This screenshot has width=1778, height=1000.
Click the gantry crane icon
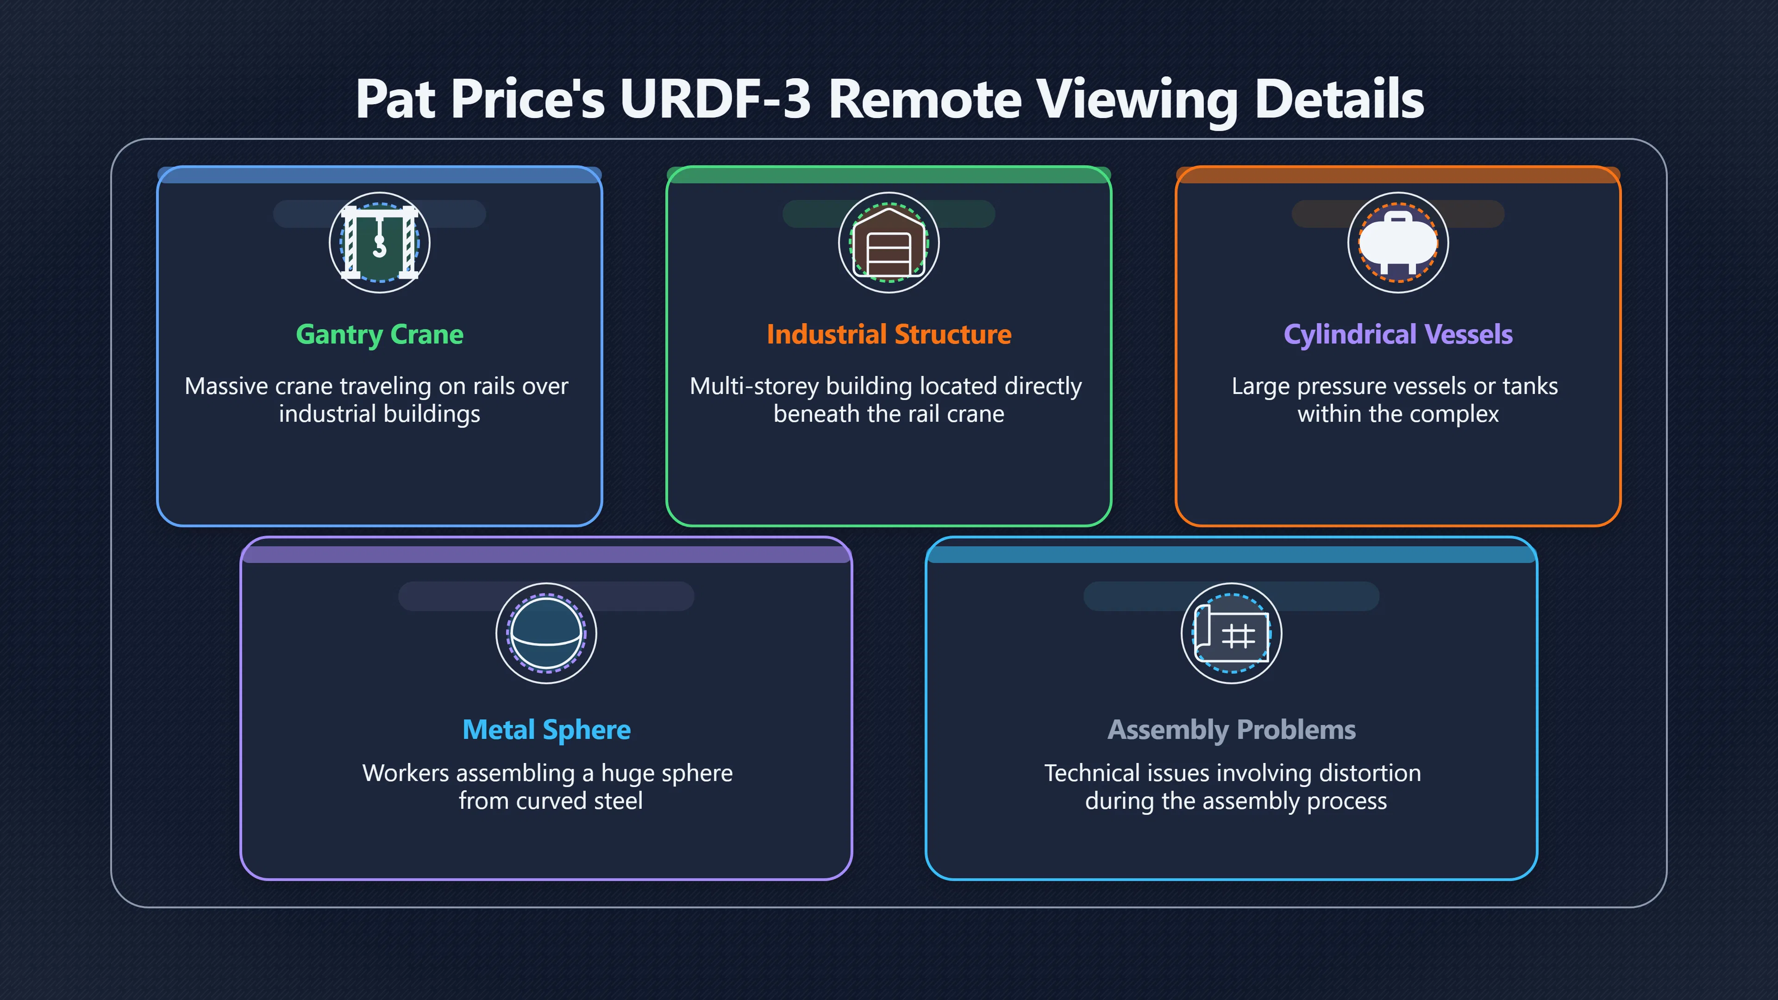380,242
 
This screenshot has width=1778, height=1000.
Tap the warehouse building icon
889,242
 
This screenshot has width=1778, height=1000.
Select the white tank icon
1398,242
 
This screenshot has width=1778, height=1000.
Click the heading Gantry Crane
380,335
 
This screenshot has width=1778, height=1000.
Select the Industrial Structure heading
889,335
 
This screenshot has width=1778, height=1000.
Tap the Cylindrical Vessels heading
1398,335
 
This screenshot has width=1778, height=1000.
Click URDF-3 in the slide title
715,99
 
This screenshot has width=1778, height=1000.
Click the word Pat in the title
395,99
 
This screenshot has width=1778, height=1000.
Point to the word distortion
1370,773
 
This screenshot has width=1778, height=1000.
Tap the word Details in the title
1340,99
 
